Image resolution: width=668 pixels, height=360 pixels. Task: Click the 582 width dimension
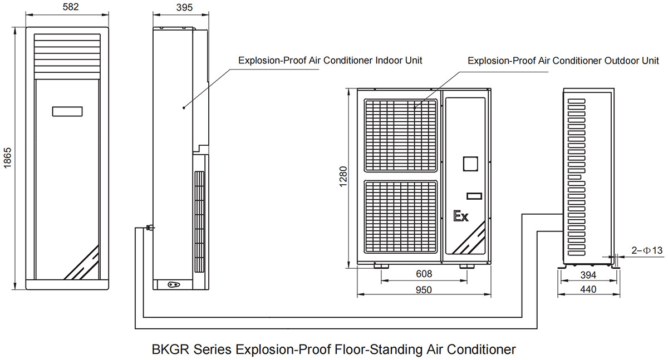pyautogui.click(x=71, y=7)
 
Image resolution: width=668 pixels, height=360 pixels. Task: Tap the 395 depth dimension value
pyautogui.click(x=184, y=7)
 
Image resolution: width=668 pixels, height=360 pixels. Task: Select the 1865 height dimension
pyautogui.click(x=7, y=157)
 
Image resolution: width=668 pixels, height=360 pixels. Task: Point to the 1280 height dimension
pyautogui.click(x=343, y=176)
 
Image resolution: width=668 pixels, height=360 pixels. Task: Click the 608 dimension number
pyautogui.click(x=424, y=274)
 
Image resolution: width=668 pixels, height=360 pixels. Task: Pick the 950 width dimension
pyautogui.click(x=424, y=290)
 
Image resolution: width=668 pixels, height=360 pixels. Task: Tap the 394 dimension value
pyautogui.click(x=588, y=275)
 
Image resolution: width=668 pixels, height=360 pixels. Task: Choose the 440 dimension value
pyautogui.click(x=588, y=289)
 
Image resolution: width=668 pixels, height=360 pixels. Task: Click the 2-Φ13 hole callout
pyautogui.click(x=647, y=250)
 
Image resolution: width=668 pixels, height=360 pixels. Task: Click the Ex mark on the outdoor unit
pyautogui.click(x=461, y=216)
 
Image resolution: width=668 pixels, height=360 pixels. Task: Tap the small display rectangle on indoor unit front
pyautogui.click(x=67, y=111)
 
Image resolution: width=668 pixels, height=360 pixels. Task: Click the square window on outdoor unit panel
pyautogui.click(x=470, y=164)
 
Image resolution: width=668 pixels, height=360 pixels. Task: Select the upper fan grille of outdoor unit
pyautogui.click(x=400, y=136)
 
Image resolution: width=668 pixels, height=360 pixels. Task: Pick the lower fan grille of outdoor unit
pyautogui.click(x=400, y=216)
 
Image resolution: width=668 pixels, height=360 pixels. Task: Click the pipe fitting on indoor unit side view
pyautogui.click(x=150, y=228)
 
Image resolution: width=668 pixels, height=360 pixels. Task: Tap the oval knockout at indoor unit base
pyautogui.click(x=174, y=284)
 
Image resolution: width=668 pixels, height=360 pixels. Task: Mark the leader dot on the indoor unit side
pyautogui.click(x=184, y=108)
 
